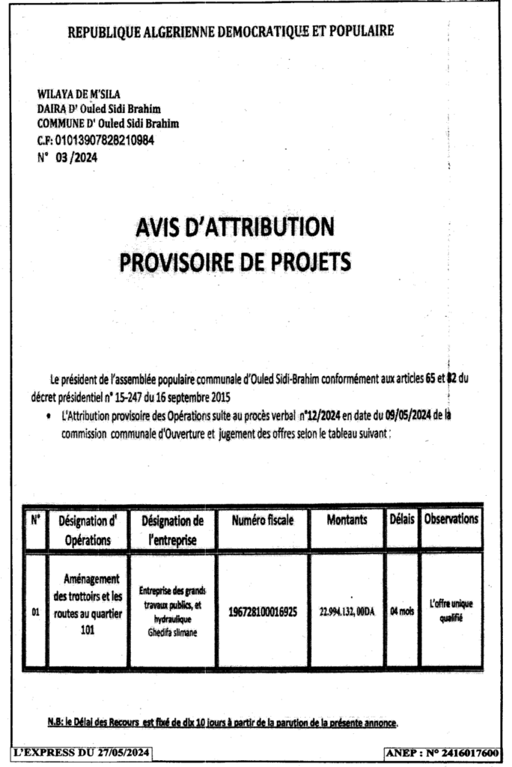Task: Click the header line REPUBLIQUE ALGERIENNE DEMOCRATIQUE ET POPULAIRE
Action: [x=231, y=31]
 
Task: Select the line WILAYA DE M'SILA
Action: [x=73, y=94]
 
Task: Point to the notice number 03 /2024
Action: [x=76, y=157]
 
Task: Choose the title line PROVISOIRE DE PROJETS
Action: [x=235, y=261]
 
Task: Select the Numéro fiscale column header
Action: [x=262, y=519]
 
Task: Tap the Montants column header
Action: [x=347, y=519]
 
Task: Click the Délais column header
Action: [x=401, y=518]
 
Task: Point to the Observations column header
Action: [x=451, y=518]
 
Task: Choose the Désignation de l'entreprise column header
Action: [x=172, y=529]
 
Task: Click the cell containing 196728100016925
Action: [x=263, y=611]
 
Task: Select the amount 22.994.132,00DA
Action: [x=347, y=611]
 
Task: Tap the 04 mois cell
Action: [x=402, y=611]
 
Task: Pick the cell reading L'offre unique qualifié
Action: [x=451, y=611]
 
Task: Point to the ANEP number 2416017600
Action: [x=445, y=753]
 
